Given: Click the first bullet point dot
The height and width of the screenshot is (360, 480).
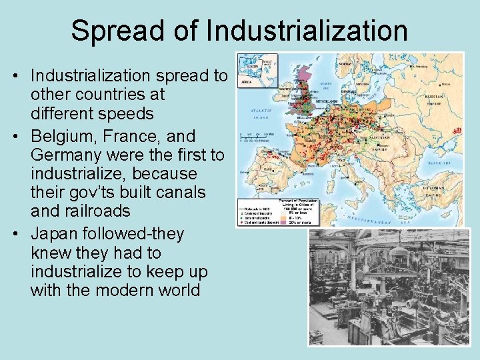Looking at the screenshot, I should click(14, 77).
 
